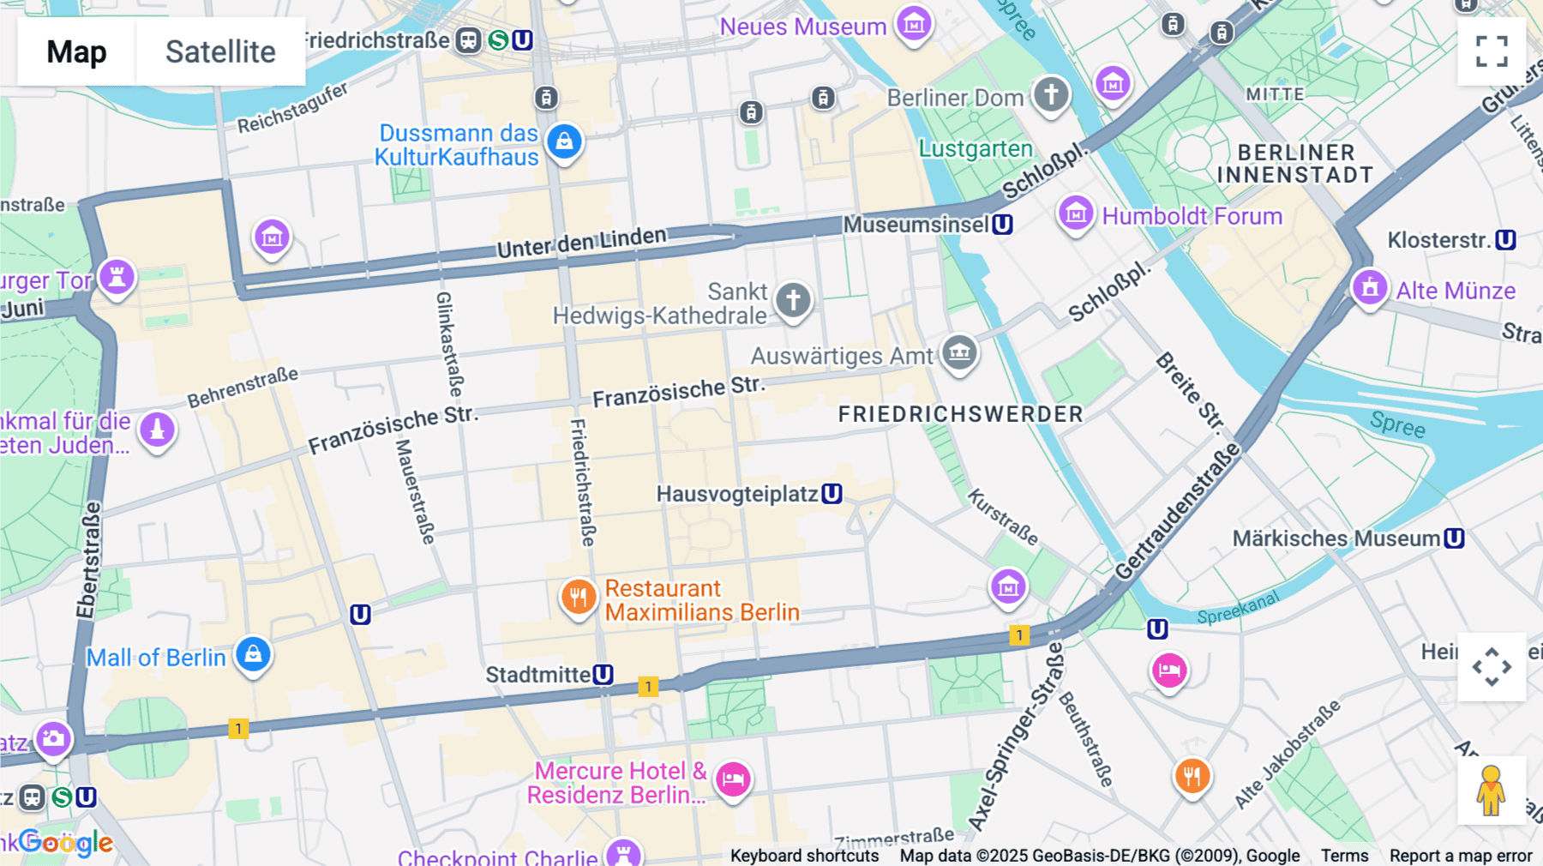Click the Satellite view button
pos(220,51)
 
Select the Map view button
pos(76,51)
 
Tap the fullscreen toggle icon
pos(1492,51)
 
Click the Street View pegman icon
pos(1491,791)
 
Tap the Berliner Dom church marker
pos(1051,93)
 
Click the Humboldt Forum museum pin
pos(1075,212)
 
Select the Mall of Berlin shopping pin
pos(253,654)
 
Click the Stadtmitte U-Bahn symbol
pos(603,675)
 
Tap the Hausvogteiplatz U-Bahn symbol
pos(832,494)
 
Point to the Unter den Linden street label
pos(581,243)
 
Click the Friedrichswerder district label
pos(960,414)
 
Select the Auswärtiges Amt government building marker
pos(959,352)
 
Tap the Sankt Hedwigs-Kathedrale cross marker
pos(793,300)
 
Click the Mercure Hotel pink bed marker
pos(733,779)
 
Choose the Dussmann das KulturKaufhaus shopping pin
pos(564,141)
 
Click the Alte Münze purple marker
pos(1369,287)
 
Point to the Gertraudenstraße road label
pos(1178,513)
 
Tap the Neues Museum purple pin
pos(914,24)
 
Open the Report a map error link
pos(1460,856)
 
